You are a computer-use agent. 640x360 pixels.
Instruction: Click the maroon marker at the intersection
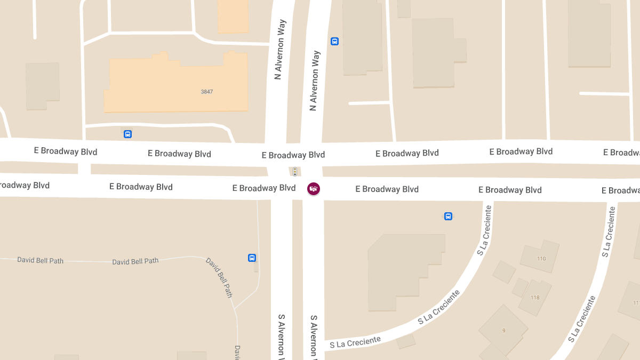tap(314, 189)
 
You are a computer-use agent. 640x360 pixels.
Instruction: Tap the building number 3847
tap(207, 92)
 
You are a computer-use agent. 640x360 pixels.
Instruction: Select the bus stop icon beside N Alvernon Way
tap(334, 41)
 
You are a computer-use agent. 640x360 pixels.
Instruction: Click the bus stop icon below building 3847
tap(127, 134)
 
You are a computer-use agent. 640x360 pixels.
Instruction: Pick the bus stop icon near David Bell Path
tap(252, 258)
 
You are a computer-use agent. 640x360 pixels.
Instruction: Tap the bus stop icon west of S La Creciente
tap(448, 216)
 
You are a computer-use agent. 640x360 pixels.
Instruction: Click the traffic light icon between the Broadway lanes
tap(294, 171)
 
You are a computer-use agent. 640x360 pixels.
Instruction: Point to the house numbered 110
tap(541, 258)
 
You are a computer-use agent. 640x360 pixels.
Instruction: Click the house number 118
tap(535, 297)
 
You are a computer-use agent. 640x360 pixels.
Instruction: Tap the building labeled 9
tap(503, 331)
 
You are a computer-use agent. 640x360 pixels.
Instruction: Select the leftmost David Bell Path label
tap(40, 260)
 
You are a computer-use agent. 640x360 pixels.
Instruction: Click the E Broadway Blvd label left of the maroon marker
tap(264, 188)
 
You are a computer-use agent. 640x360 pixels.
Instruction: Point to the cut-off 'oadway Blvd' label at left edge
tap(24, 185)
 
